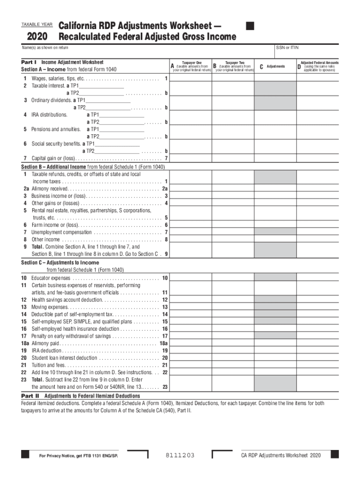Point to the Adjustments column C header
(275, 66)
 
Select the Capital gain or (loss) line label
(53, 158)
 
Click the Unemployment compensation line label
(61, 232)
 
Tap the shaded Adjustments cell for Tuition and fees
(275, 365)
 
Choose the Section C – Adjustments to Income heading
(60, 262)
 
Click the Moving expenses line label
(50, 307)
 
